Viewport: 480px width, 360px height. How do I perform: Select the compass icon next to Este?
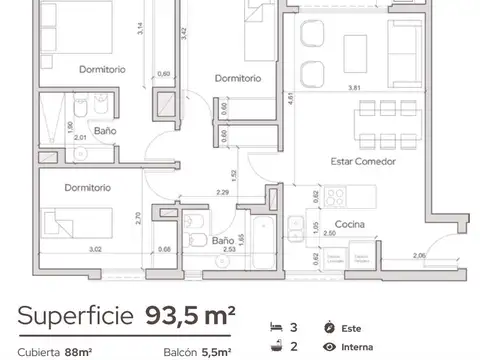(330, 328)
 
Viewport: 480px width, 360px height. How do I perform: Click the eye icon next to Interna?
(330, 348)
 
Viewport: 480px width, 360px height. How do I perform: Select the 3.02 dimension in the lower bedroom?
(67, 249)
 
